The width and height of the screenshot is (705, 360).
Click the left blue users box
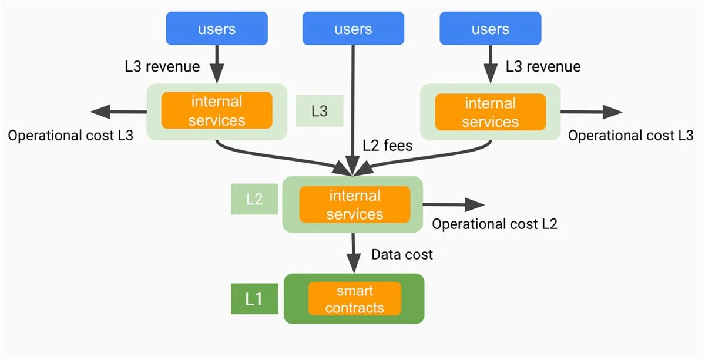217,29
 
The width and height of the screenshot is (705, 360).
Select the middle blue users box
353,29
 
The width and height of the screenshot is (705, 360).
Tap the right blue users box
490,29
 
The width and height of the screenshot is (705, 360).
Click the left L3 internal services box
217,111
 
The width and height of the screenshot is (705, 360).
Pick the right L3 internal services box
490,112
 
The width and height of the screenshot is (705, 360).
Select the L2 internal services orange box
354,204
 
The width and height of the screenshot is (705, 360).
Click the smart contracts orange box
354,298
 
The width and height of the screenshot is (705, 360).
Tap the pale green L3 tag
319,111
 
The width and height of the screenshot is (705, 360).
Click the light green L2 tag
254,199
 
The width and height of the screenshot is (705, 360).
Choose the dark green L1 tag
253,299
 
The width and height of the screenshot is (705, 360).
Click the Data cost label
402,254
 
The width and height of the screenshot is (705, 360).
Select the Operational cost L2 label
495,224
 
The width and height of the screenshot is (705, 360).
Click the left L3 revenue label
162,66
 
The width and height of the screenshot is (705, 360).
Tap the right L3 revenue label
543,66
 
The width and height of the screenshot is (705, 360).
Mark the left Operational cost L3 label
70,136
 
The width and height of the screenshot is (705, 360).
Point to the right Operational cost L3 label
631,136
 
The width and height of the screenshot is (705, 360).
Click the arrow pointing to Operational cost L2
454,204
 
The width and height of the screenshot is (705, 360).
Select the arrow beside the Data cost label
353,253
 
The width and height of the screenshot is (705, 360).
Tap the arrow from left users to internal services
217,65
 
